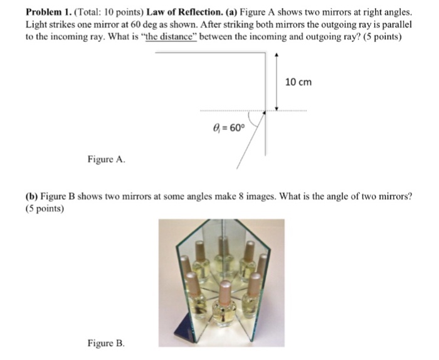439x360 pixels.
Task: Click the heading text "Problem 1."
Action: (x=48, y=12)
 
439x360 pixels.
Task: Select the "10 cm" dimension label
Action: (x=298, y=82)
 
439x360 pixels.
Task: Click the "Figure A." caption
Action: (x=106, y=159)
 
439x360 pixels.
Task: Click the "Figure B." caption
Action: (x=106, y=343)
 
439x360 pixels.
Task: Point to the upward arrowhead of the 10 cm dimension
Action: (x=277, y=57)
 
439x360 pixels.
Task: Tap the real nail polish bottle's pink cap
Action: (x=225, y=293)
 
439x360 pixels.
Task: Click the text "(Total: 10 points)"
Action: (x=108, y=12)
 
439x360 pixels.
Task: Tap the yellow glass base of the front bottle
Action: (x=225, y=316)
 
